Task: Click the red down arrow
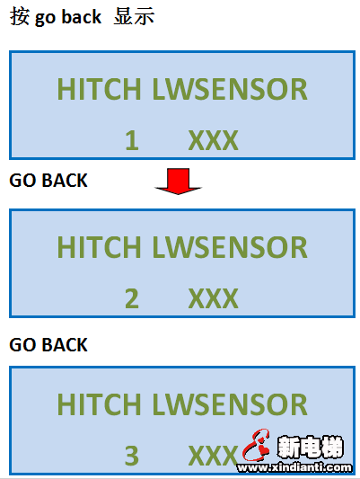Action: click(x=178, y=181)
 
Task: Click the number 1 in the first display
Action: click(x=132, y=140)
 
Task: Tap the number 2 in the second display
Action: click(x=132, y=298)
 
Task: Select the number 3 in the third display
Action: click(x=132, y=456)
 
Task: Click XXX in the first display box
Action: click(x=214, y=140)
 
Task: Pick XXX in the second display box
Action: click(x=214, y=298)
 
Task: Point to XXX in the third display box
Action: click(x=214, y=456)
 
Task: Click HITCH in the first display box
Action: click(x=99, y=89)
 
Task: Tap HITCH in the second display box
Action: click(x=99, y=247)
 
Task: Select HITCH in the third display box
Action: click(x=99, y=404)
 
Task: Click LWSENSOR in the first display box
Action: click(x=230, y=89)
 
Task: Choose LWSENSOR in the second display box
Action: click(x=230, y=247)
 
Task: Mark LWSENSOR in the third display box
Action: click(x=230, y=404)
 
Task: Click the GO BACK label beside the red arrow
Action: click(x=48, y=181)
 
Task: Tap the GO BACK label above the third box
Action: click(x=48, y=345)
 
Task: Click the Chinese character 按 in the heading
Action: click(x=20, y=16)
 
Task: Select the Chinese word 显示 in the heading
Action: click(x=134, y=16)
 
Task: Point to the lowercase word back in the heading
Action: click(x=81, y=17)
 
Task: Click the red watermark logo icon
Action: click(x=256, y=445)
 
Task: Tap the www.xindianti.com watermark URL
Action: click(x=294, y=467)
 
